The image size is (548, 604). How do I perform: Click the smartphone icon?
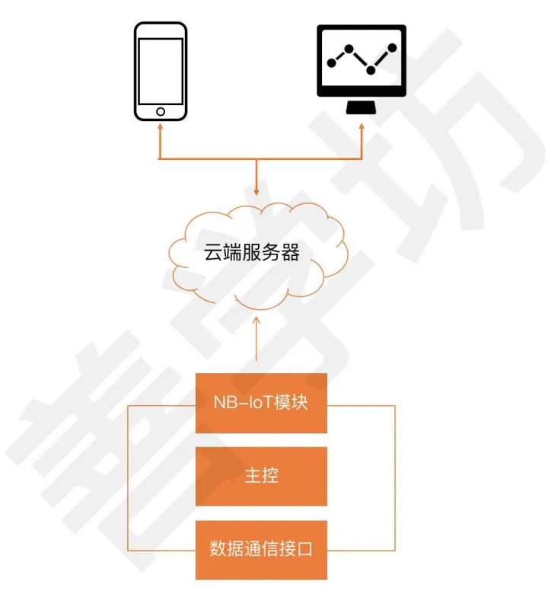pyautogui.click(x=161, y=71)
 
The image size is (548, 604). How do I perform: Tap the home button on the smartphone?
pyautogui.click(x=161, y=112)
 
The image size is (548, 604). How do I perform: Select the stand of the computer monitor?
pyautogui.click(x=362, y=107)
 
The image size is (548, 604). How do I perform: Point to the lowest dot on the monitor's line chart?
pyautogui.click(x=371, y=71)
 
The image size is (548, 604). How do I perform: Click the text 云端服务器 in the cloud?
pyautogui.click(x=252, y=253)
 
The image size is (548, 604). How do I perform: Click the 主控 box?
pyautogui.click(x=261, y=476)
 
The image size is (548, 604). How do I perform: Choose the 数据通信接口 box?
pyautogui.click(x=261, y=549)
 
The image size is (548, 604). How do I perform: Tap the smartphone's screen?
pyautogui.click(x=161, y=71)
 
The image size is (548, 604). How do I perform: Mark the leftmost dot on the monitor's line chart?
pyautogui.click(x=330, y=60)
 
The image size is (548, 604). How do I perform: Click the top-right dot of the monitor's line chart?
pyautogui.click(x=393, y=48)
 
